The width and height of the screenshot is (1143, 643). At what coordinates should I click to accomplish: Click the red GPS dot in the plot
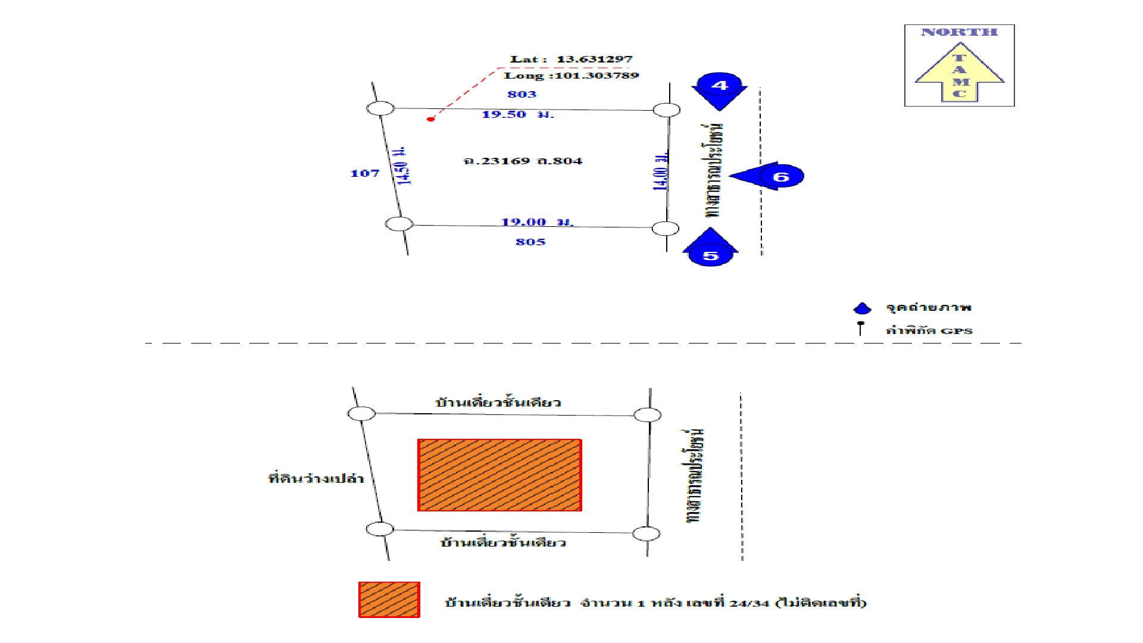[430, 119]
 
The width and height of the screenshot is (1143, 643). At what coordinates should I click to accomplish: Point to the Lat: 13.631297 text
[571, 59]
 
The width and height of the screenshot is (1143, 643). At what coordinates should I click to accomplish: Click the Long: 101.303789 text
[571, 76]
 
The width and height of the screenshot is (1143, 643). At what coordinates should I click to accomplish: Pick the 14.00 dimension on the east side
[660, 171]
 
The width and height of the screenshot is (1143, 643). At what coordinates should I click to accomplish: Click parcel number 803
[521, 94]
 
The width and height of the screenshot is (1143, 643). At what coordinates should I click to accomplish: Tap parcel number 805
[530, 242]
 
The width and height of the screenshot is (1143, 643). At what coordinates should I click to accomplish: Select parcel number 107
[364, 174]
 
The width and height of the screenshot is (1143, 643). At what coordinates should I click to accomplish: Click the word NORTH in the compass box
[959, 32]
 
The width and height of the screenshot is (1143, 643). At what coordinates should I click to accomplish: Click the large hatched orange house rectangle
[499, 475]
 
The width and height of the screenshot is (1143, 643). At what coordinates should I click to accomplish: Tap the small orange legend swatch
[389, 600]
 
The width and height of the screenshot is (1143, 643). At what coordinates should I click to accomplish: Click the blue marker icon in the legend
[862, 308]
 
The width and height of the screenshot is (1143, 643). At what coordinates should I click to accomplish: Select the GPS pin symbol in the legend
[860, 327]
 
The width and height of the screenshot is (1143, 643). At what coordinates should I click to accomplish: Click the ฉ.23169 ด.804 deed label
[523, 161]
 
